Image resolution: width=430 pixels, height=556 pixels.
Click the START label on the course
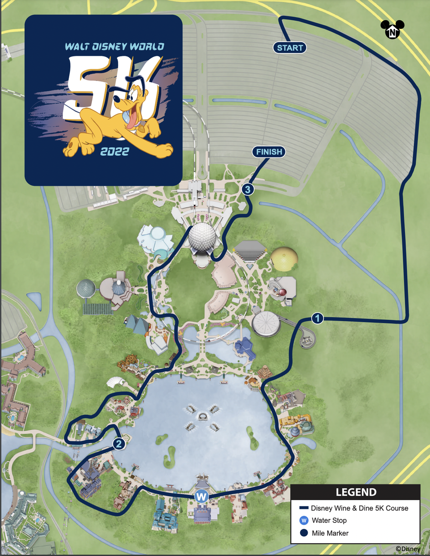[290, 48]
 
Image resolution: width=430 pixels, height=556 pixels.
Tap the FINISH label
[269, 151]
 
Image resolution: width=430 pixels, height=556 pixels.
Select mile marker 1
[317, 318]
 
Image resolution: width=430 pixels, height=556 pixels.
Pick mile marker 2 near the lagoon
[119, 444]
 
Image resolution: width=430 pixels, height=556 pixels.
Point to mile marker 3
[247, 189]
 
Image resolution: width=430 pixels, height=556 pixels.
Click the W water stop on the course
[201, 496]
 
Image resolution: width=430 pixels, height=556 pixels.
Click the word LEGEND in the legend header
[356, 492]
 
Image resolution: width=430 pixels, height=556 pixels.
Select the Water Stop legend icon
[304, 520]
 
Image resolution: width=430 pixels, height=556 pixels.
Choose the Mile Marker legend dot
[304, 533]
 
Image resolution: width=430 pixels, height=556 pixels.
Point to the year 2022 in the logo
[114, 151]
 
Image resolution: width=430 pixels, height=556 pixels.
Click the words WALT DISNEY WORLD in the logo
[114, 46]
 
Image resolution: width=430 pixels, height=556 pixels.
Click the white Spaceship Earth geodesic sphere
[202, 237]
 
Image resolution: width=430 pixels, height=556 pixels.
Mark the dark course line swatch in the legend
[304, 508]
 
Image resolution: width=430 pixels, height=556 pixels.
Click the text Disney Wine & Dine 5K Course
[359, 508]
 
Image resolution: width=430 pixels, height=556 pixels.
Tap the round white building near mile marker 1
[266, 323]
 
